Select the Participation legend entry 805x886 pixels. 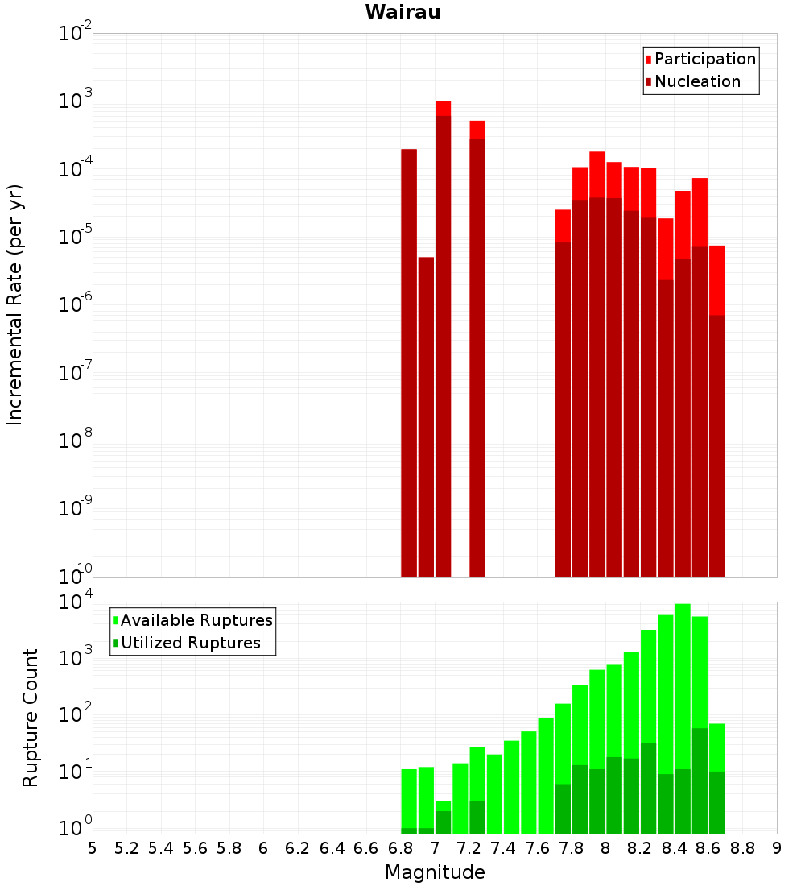pos(705,59)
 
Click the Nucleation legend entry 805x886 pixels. pos(697,81)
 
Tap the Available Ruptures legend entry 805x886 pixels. pos(196,620)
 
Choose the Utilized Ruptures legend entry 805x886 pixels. pos(190,643)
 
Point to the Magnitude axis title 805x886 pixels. pos(435,872)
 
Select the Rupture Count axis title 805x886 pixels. pos(31,718)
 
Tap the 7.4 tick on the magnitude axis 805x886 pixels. pos(503,848)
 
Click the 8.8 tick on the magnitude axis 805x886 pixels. pos(742,848)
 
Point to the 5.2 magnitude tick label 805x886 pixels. pos(126,848)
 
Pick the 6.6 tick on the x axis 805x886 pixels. pos(366,848)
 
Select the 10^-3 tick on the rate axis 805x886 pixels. pos(76,101)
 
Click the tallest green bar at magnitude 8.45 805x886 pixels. pos(683,685)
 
